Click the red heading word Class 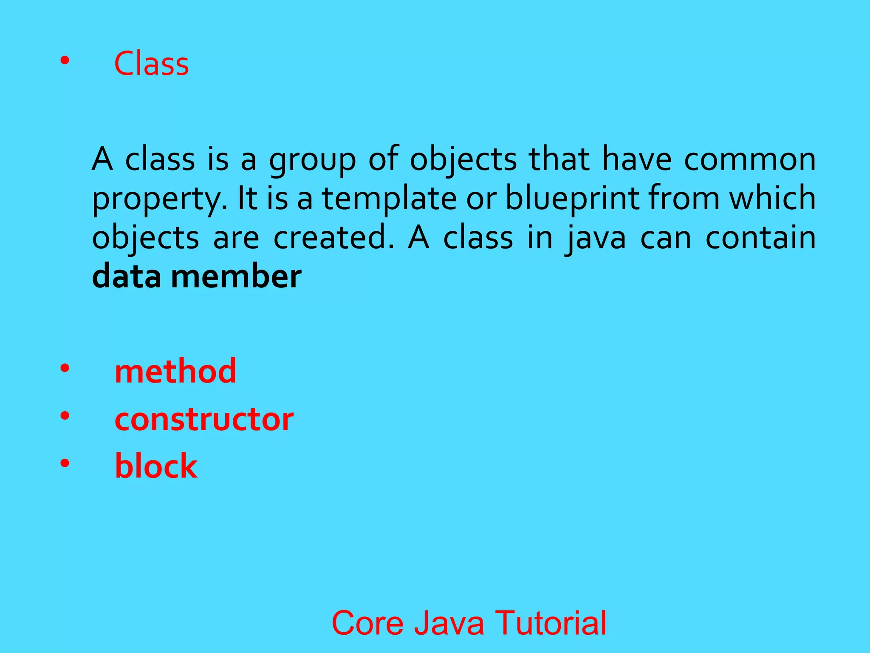point(151,64)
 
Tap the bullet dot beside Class point(65,61)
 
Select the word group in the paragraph point(313,161)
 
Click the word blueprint point(572,199)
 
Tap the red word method point(175,371)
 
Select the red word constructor point(204,419)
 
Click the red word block point(156,466)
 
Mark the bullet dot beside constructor point(65,416)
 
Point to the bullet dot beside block point(65,463)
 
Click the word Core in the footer point(367,623)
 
